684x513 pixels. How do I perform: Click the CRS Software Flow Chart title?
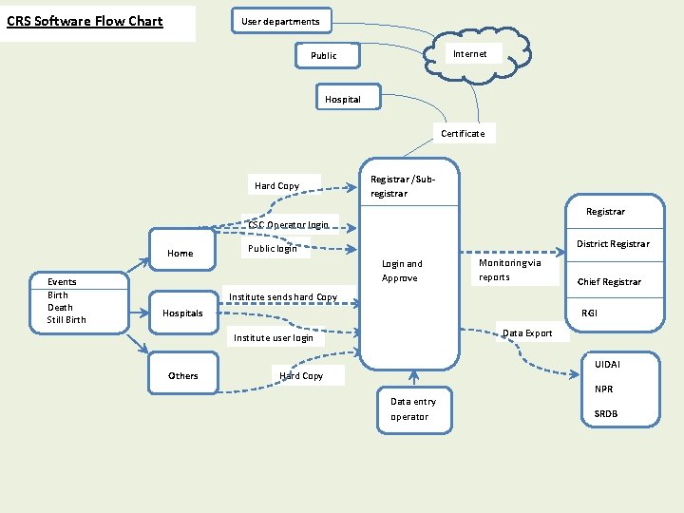pos(85,22)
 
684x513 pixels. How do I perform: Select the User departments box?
pos(280,21)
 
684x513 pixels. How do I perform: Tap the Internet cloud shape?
pos(470,54)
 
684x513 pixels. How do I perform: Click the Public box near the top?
pos(324,56)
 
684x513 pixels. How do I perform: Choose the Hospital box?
pos(343,99)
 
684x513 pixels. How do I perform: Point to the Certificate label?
pos(463,134)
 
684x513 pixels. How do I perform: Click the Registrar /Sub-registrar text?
pos(403,186)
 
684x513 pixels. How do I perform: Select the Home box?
pos(180,254)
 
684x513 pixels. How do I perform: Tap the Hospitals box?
pos(182,313)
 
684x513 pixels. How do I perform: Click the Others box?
pos(183,376)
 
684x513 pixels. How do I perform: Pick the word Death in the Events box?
pos(60,308)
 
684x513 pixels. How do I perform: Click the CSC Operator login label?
pos(288,225)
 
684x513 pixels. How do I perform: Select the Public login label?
pos(273,249)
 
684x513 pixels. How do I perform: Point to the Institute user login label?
pos(274,338)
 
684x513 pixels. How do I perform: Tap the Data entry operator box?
pos(413,409)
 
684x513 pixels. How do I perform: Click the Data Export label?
pos(527,333)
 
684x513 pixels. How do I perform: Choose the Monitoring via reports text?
pos(510,270)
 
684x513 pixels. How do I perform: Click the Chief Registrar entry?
pos(609,282)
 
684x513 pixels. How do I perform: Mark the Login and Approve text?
pos(402,271)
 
